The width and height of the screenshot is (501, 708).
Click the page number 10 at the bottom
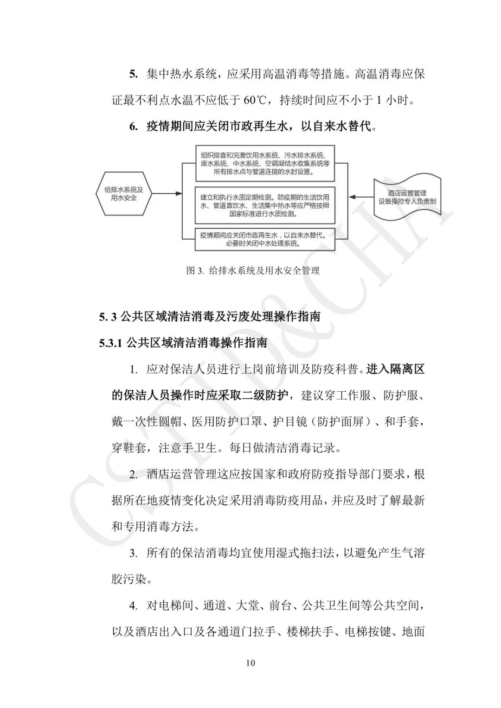(x=250, y=663)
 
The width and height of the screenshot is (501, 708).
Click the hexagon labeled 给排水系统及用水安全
(x=124, y=194)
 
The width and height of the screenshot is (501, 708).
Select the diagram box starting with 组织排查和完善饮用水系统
(x=265, y=164)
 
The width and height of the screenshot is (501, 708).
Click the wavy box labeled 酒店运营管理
(x=407, y=197)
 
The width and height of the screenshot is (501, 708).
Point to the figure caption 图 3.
(x=253, y=270)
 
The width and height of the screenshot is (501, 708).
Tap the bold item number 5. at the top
(x=134, y=74)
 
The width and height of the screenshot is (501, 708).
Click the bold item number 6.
(x=134, y=126)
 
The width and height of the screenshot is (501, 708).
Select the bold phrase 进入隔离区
(x=395, y=370)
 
